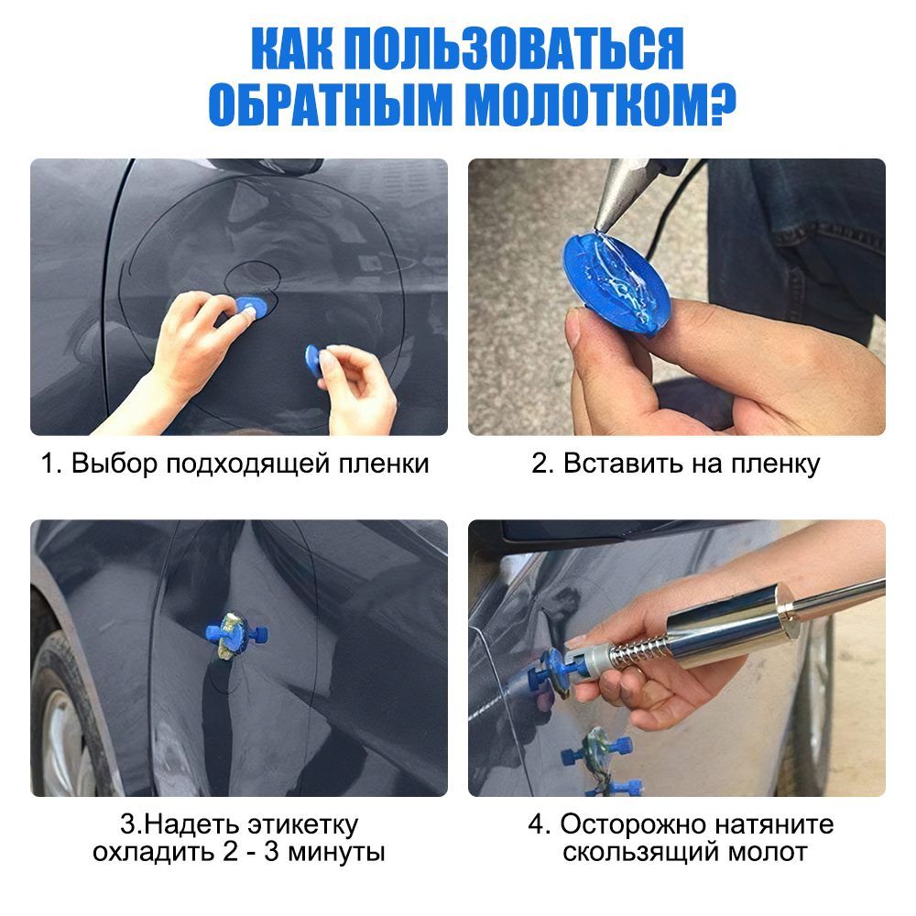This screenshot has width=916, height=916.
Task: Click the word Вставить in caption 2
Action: [612, 463]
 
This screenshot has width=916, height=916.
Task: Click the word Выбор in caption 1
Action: [107, 463]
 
